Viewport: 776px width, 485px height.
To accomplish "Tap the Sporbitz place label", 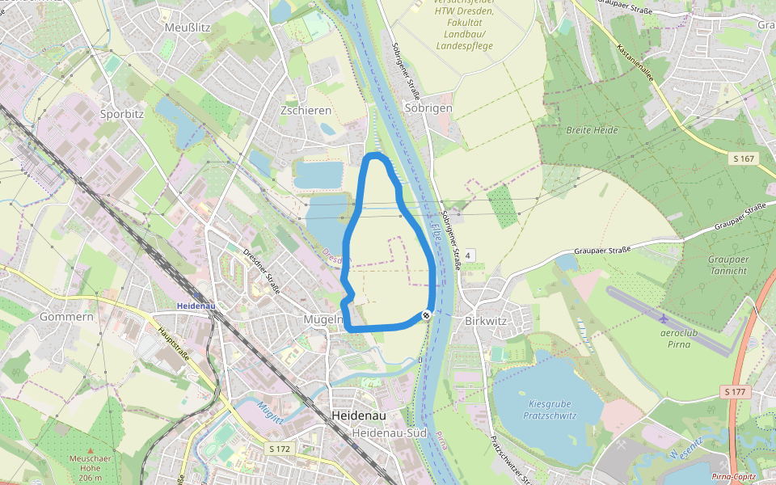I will pos(121,114).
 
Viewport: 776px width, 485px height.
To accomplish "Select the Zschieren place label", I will pos(306,110).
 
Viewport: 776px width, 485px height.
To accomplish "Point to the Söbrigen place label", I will pos(428,108).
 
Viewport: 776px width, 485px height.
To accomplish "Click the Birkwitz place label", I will pos(486,320).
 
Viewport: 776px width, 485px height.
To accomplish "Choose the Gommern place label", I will pos(66,317).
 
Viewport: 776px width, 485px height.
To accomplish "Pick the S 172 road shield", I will pos(280,448).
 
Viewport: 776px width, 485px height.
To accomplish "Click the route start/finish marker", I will pos(426,315).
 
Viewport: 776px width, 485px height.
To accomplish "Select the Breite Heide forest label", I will pos(592,130).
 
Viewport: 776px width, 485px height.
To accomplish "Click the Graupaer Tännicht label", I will pos(727,265).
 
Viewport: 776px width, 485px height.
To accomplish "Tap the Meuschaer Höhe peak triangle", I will pos(90,451).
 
